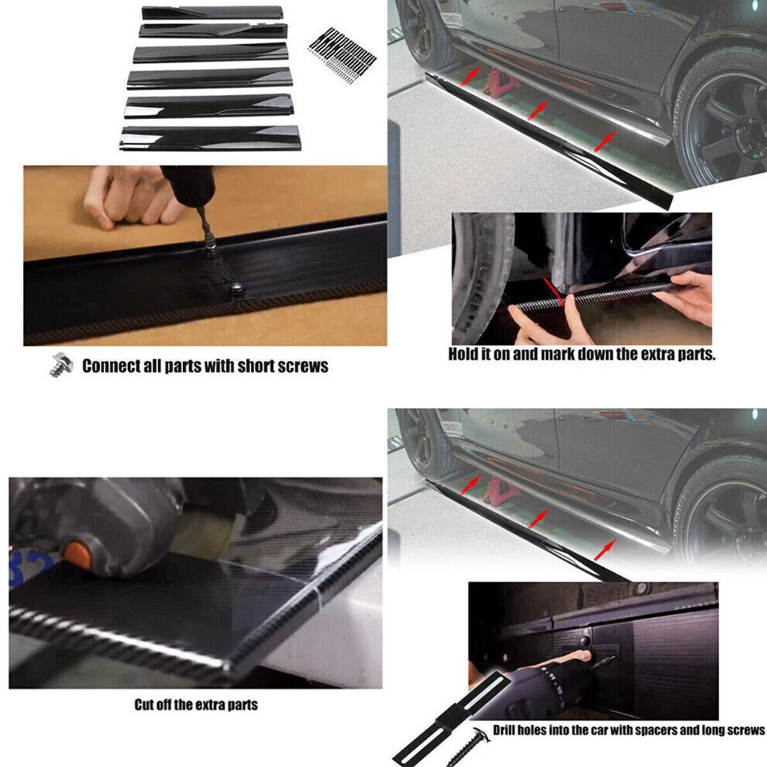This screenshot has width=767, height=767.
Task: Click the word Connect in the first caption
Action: (x=113, y=366)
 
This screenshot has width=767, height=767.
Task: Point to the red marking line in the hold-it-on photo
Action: (x=557, y=292)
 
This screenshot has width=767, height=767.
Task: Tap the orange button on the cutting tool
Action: (x=75, y=552)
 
